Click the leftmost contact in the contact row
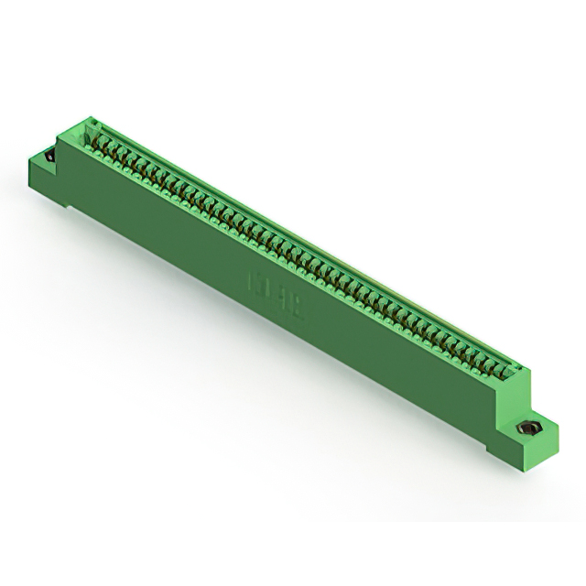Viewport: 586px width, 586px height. (95, 139)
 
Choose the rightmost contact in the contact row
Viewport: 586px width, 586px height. (501, 370)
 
